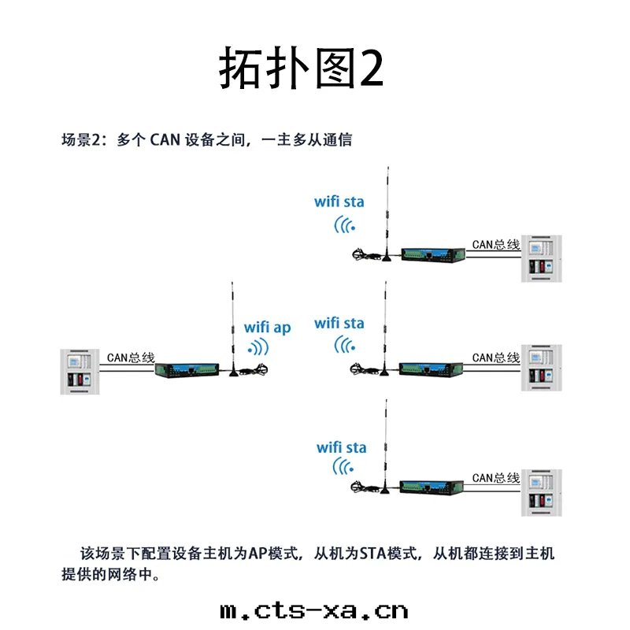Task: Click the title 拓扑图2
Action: coord(301,69)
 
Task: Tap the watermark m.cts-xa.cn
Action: coord(314,610)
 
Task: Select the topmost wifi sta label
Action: coord(339,202)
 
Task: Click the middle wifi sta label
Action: coord(339,323)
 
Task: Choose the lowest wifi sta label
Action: coord(342,447)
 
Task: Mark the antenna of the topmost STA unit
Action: coord(386,213)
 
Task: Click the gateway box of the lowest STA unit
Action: coord(430,486)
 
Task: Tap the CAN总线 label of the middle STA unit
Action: coord(496,358)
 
